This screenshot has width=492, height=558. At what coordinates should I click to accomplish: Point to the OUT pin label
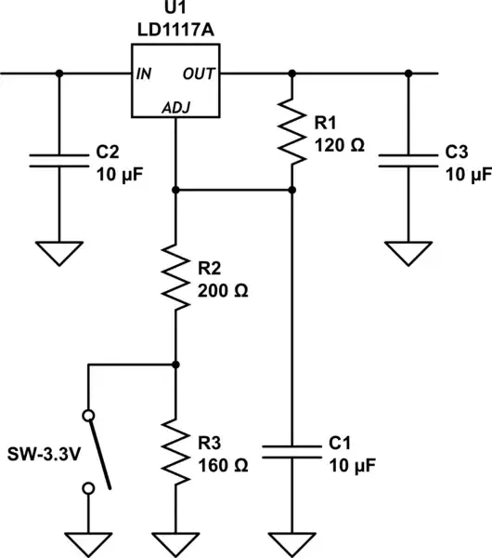tap(201, 73)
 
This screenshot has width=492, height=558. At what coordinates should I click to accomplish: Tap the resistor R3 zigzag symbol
tap(175, 450)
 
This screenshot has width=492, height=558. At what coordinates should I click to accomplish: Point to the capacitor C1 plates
tap(291, 450)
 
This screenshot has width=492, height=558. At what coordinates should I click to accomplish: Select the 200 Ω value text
tap(223, 289)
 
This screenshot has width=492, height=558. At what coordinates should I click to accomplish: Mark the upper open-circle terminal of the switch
tap(88, 415)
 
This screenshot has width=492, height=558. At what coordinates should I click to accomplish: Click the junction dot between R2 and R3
tap(175, 365)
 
